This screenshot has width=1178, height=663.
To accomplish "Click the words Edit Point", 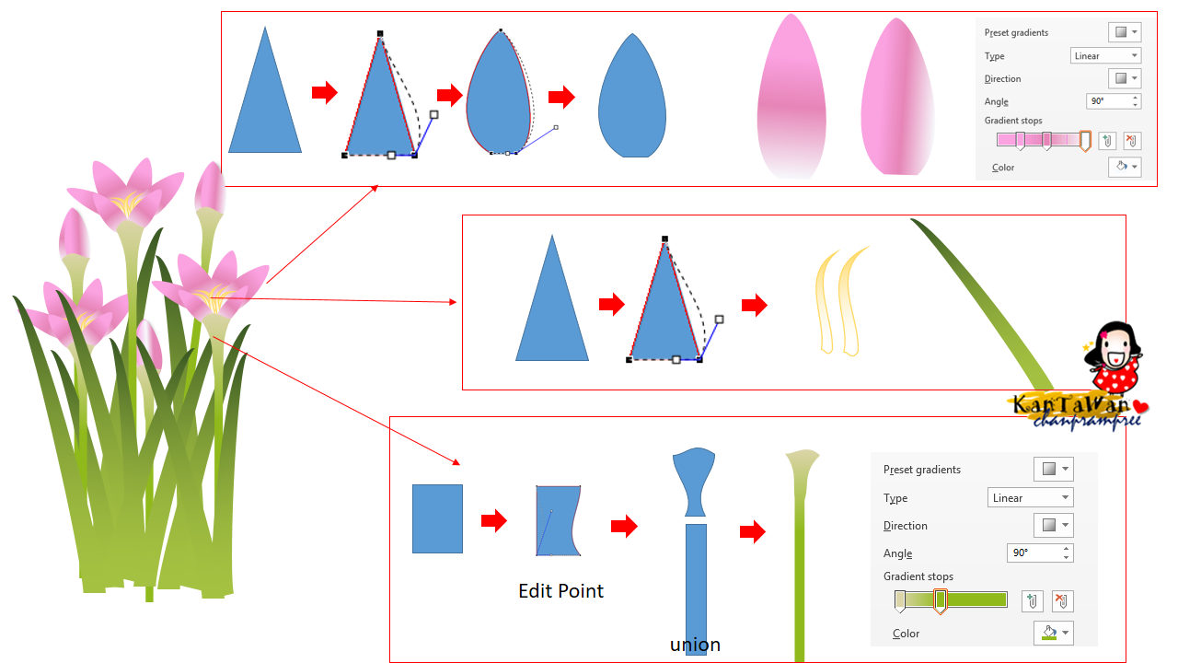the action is click(560, 591).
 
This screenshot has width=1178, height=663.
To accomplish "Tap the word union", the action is click(695, 645).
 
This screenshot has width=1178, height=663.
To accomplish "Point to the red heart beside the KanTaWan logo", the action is click(1140, 407).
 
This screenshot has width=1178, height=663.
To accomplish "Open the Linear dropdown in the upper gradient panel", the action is click(1105, 56).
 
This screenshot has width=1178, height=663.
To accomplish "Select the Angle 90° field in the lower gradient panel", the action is click(1040, 553).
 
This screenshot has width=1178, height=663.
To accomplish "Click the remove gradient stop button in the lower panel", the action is click(1062, 601).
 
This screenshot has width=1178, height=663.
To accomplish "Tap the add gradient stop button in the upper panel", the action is click(1107, 141).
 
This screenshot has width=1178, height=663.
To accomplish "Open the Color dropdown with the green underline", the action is click(1054, 633).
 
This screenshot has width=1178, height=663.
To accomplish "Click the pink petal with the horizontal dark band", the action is click(791, 98).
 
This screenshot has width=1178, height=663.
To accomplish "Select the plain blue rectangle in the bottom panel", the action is click(437, 518).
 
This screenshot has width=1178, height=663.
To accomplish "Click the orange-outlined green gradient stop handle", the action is click(941, 601).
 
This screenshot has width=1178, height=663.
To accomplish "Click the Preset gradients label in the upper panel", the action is click(1016, 32).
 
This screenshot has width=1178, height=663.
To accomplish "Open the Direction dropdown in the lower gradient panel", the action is click(1054, 525).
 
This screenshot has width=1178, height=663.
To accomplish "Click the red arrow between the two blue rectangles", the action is click(494, 520).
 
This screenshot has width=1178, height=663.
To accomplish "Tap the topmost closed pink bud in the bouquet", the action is click(211, 188).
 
